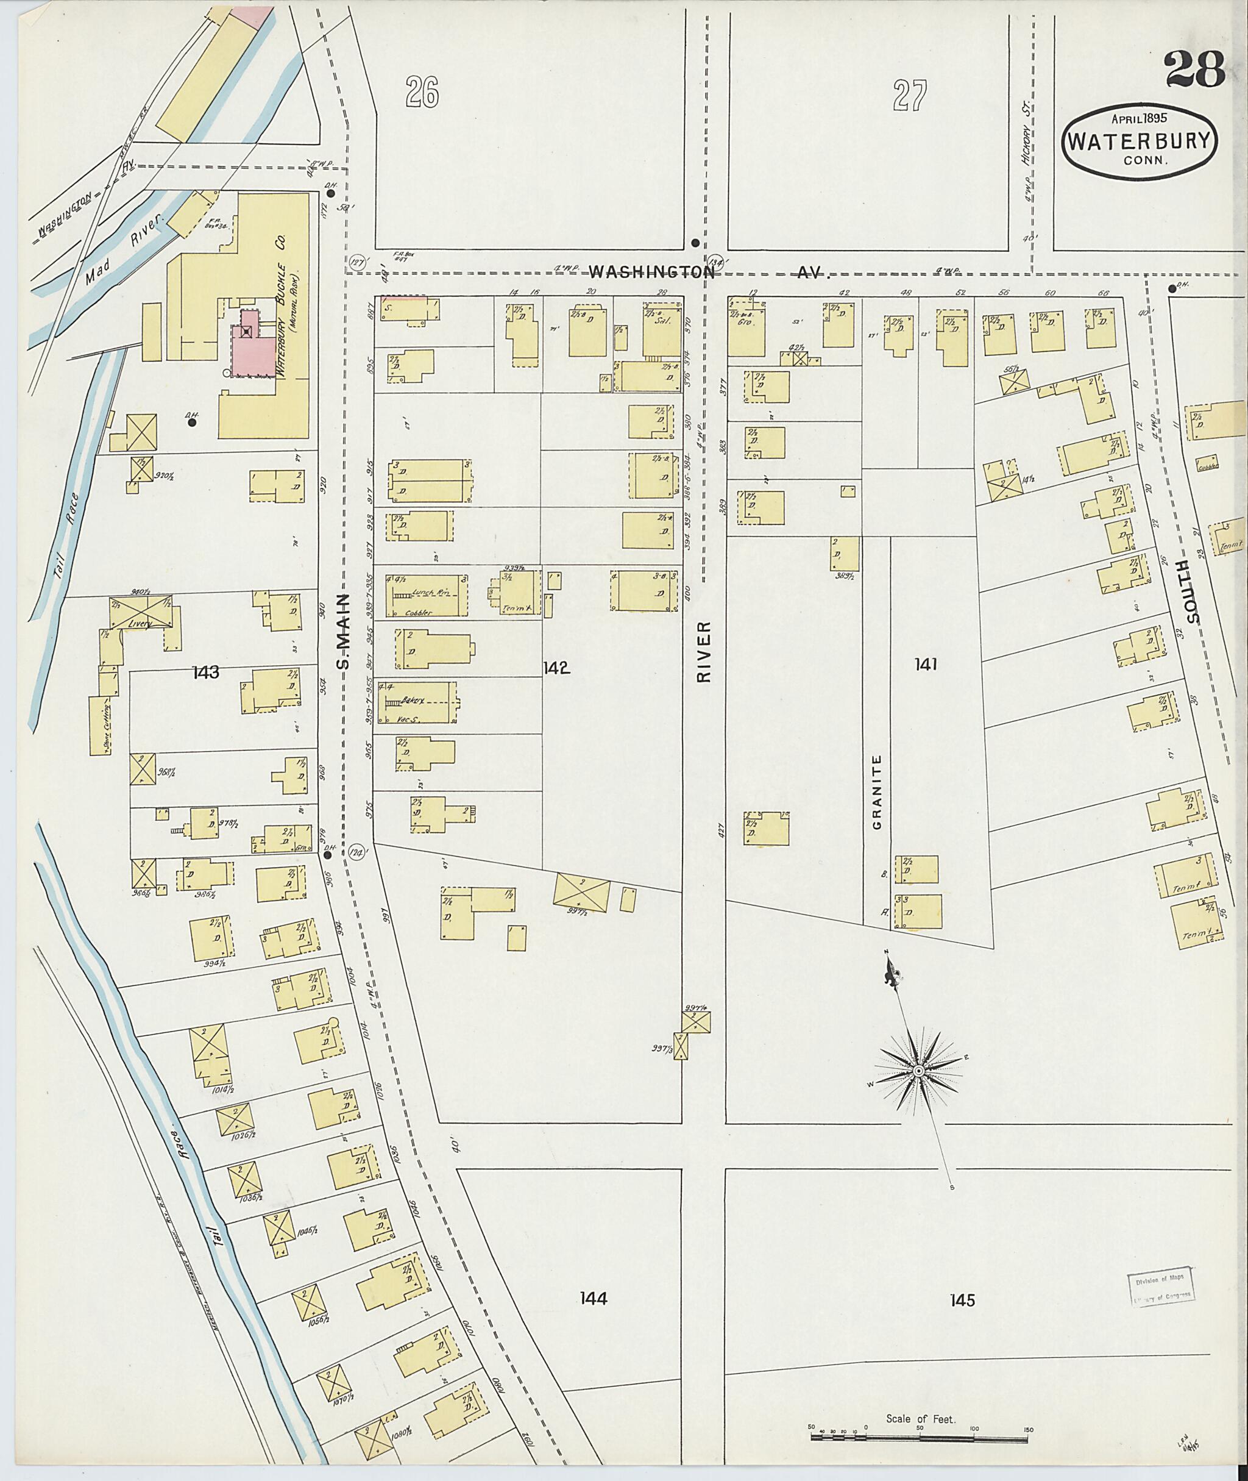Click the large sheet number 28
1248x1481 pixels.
[1194, 70]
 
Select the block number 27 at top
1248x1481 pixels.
[909, 97]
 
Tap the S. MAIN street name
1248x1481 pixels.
[343, 631]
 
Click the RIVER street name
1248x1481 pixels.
[703, 652]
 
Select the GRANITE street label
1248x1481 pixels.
[877, 791]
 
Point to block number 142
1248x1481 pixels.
[557, 668]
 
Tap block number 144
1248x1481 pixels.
[593, 1297]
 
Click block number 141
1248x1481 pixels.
[926, 664]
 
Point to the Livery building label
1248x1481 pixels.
[141, 624]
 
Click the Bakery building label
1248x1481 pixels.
[412, 700]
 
